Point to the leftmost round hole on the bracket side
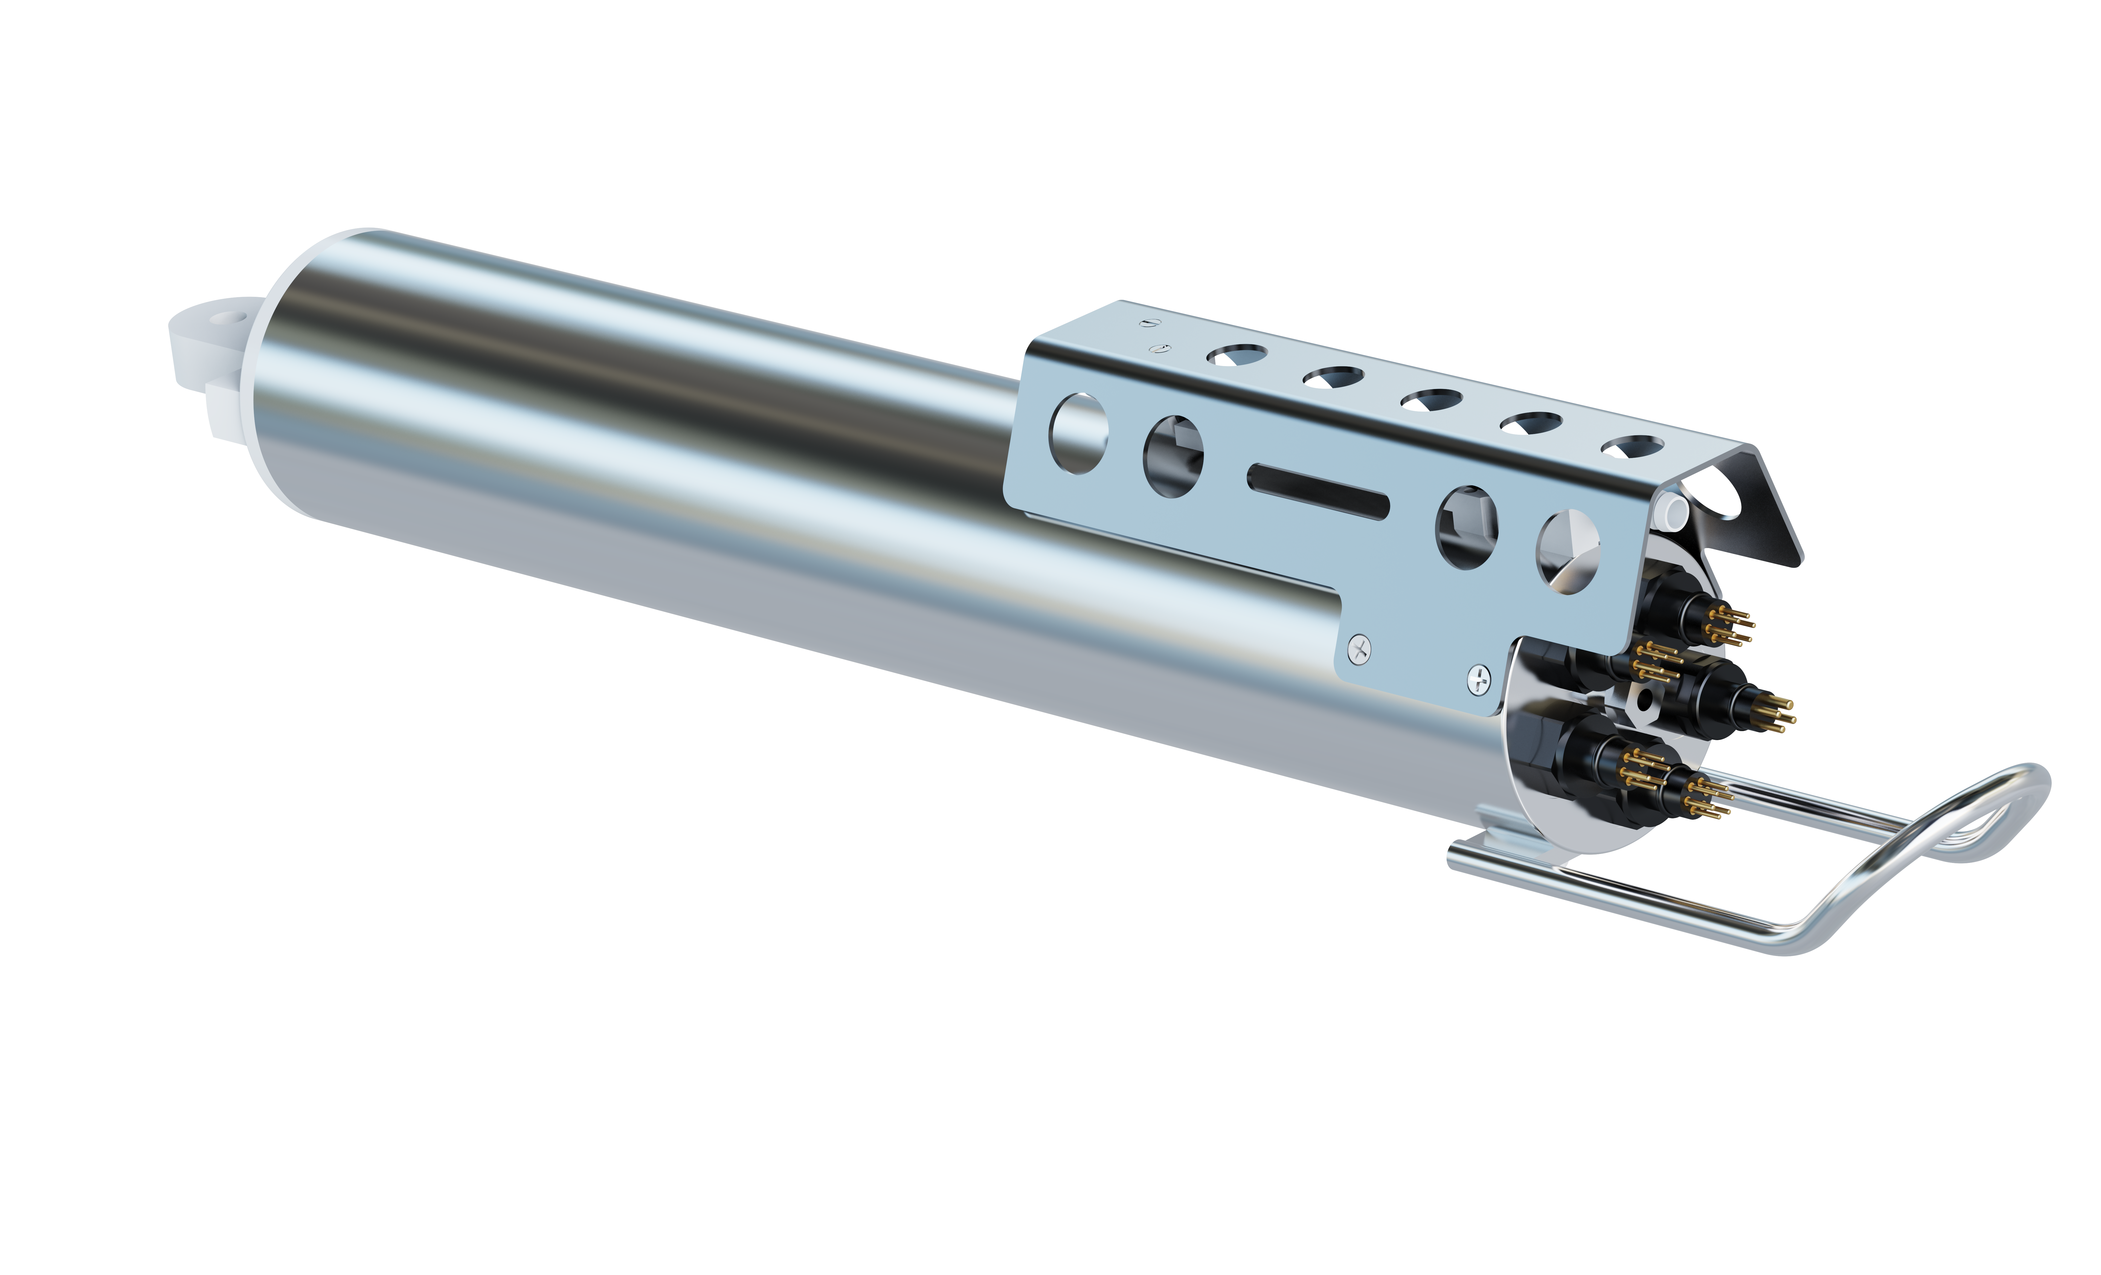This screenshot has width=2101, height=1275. pos(1079,433)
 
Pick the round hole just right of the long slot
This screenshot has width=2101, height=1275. pos(1467,526)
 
